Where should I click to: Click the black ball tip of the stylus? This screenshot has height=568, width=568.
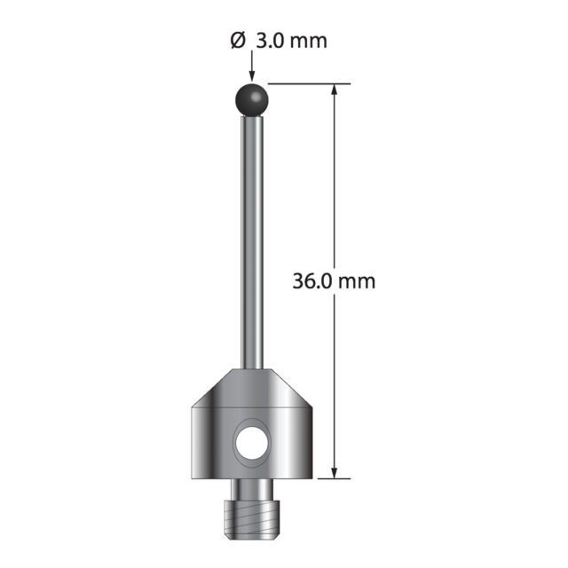click(x=252, y=99)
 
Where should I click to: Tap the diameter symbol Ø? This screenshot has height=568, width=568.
click(x=237, y=41)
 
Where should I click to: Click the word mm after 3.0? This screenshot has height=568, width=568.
click(x=308, y=43)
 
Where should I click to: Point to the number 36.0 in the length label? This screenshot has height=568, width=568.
click(x=312, y=281)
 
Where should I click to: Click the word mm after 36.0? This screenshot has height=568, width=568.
click(x=357, y=283)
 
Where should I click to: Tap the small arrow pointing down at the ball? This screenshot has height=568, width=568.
click(x=252, y=65)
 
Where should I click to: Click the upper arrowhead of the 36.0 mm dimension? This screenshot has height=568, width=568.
click(x=335, y=91)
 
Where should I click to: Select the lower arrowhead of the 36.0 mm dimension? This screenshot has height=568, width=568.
click(x=335, y=471)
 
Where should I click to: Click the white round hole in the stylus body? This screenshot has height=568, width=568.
click(x=252, y=443)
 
